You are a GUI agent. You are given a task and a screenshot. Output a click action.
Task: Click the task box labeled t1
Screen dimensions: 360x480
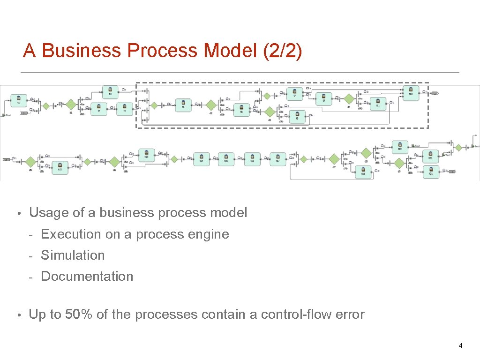pyautogui.click(x=19, y=100)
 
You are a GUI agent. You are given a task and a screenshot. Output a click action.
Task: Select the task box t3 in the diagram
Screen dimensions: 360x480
pyautogui.click(x=110, y=91)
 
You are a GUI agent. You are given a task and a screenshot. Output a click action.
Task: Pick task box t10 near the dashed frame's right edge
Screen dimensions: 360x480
pyautogui.click(x=411, y=91)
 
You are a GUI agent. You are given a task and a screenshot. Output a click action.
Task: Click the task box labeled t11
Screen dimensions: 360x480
pyautogui.click(x=378, y=103)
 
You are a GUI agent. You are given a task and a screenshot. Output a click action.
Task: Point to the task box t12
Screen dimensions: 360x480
pyautogui.click(x=60, y=166)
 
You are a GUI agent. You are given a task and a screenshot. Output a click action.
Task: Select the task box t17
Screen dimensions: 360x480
pyautogui.click(x=277, y=159)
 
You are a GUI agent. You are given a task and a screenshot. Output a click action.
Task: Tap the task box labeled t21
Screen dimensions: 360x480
pyautogui.click(x=431, y=171)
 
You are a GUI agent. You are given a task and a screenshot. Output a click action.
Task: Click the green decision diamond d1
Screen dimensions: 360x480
pyautogui.click(x=71, y=104)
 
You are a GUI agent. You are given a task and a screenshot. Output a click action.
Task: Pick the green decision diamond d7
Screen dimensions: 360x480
pyautogui.click(x=334, y=159)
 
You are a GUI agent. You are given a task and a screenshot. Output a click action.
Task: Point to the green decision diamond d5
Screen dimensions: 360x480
pyautogui.click(x=30, y=162)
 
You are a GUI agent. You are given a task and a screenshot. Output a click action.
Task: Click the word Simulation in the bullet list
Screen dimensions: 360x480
pyautogui.click(x=73, y=255)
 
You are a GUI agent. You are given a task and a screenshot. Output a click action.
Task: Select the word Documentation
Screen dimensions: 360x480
pyautogui.click(x=87, y=276)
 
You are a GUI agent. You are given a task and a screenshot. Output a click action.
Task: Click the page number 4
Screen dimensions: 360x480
pyautogui.click(x=460, y=346)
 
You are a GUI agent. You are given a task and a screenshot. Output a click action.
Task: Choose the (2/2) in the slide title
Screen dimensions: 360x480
pyautogui.click(x=283, y=51)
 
